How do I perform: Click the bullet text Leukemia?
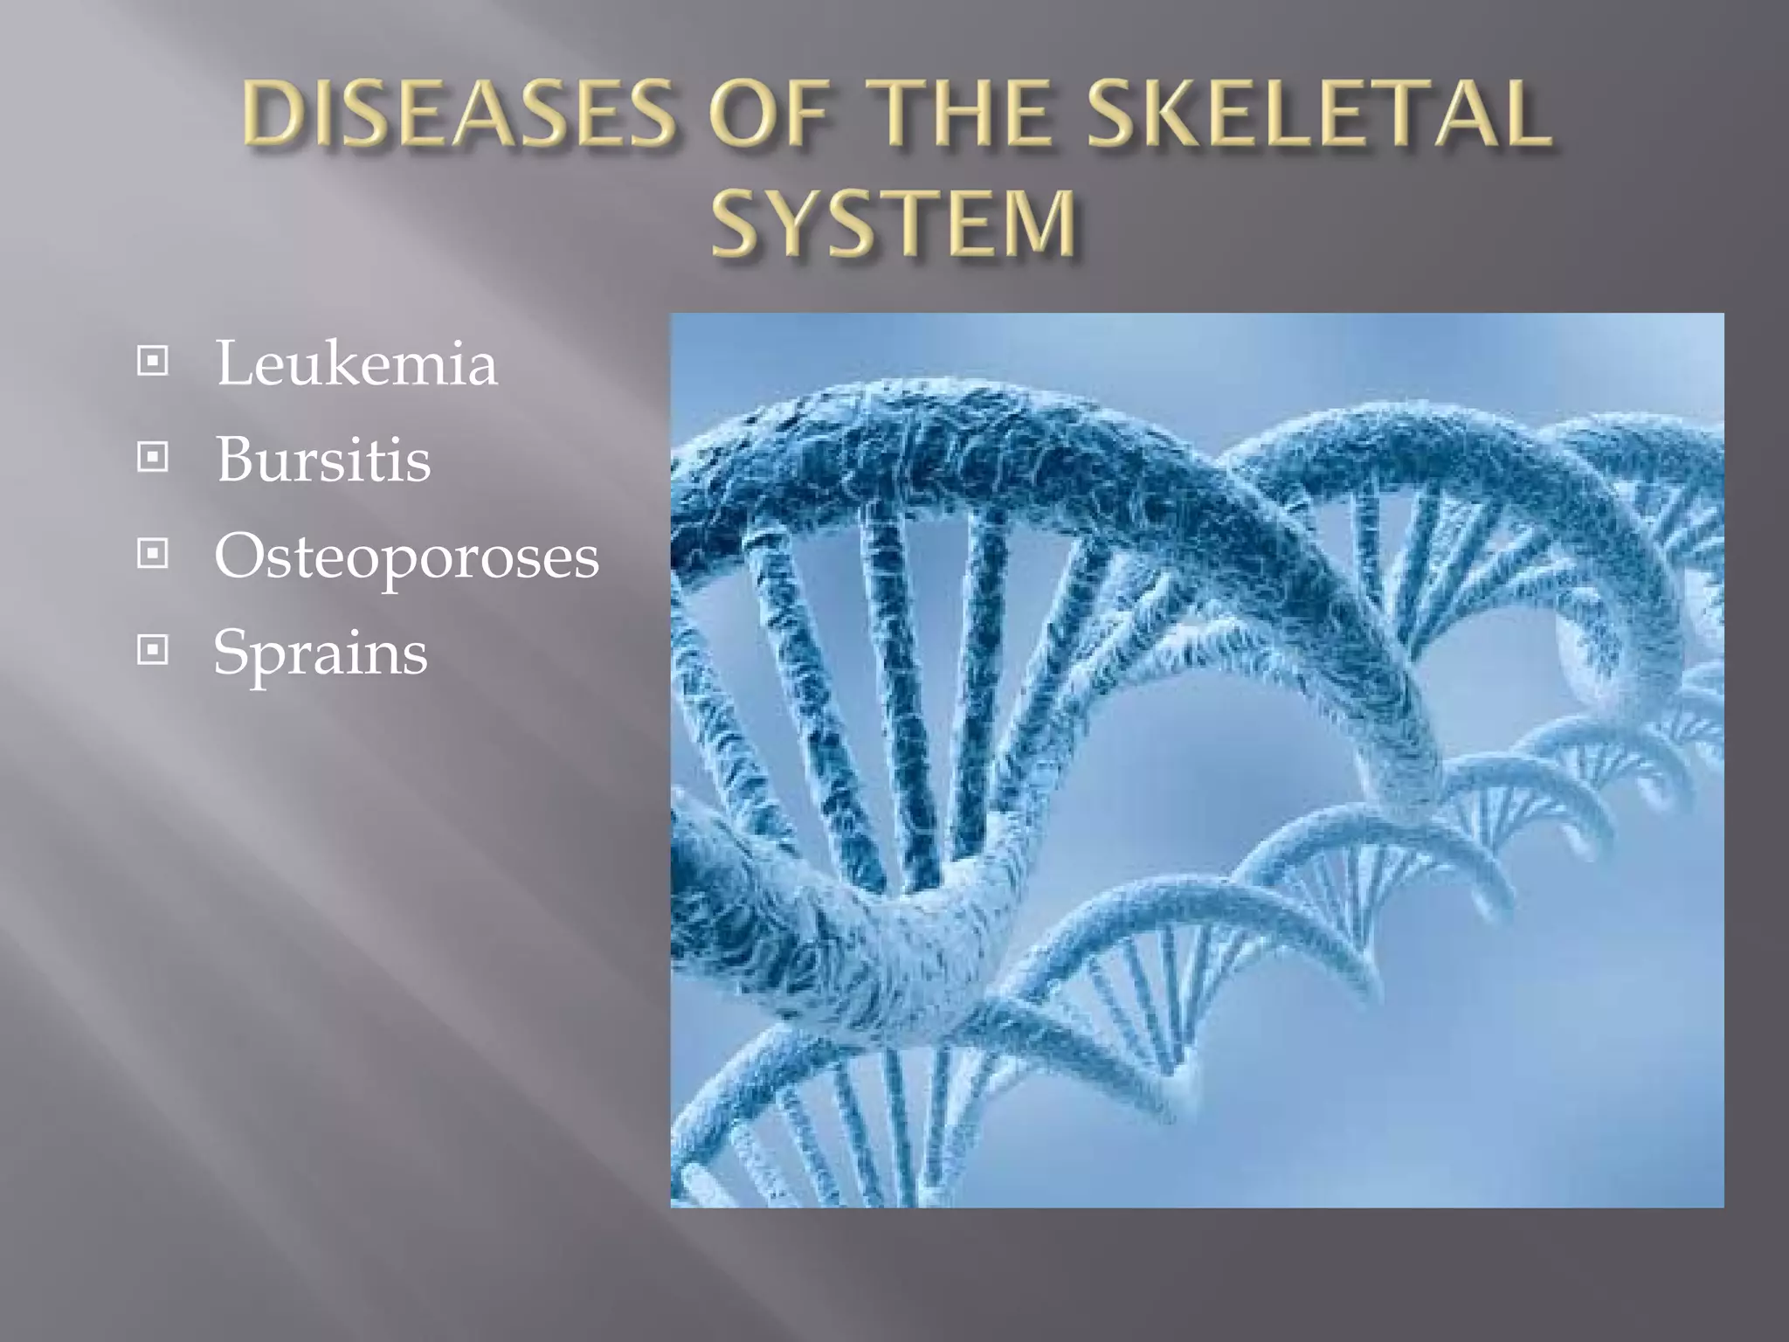(x=356, y=363)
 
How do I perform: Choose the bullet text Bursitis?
(x=323, y=459)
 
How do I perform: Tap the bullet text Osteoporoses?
(x=407, y=557)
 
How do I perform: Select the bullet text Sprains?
(x=321, y=652)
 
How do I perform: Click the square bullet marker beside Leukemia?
(x=153, y=360)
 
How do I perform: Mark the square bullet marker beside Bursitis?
(x=153, y=456)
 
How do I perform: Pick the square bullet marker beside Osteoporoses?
(x=153, y=553)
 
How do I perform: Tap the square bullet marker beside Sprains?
(x=153, y=650)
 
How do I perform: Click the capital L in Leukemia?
(x=234, y=363)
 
